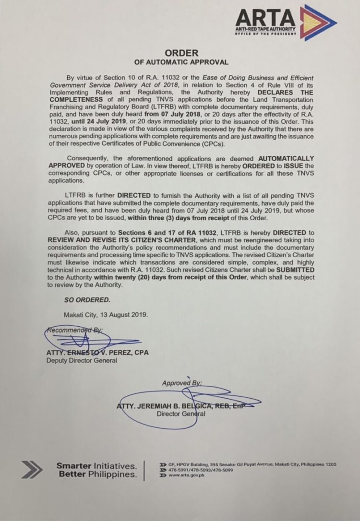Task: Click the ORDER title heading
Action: tap(180, 53)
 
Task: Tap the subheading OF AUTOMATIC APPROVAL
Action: tap(180, 62)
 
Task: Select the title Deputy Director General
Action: tap(82, 360)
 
